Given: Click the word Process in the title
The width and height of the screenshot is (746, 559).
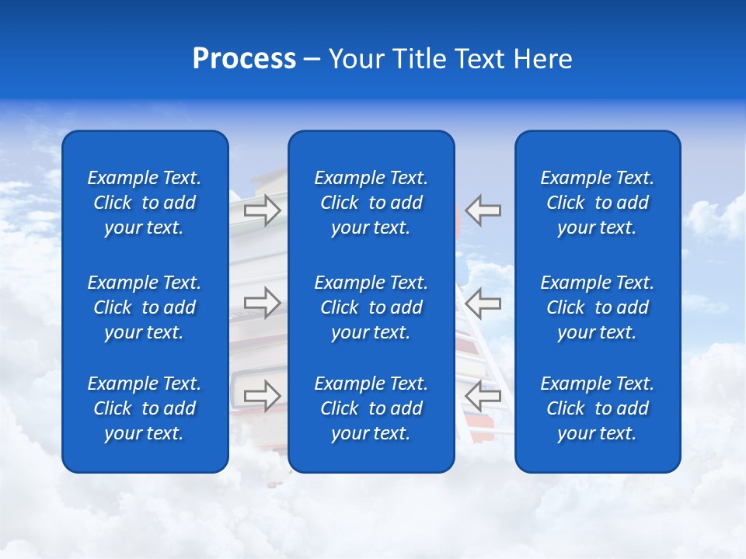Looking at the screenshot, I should [244, 59].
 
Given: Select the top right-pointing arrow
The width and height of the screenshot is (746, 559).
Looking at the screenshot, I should [262, 210].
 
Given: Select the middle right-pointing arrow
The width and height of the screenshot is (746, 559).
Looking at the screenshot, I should [262, 302].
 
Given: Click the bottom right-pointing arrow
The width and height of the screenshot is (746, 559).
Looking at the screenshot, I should [262, 395].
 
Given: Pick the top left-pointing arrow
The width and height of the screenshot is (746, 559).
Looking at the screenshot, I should [483, 210].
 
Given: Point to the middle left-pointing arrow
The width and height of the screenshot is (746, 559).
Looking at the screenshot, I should [483, 302].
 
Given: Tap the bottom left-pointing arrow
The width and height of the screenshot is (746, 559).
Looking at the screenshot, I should [483, 395].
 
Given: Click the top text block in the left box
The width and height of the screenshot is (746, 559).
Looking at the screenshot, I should [145, 203].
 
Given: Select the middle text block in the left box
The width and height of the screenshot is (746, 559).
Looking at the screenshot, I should [145, 307].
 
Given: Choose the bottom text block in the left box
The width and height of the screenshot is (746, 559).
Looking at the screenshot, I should [145, 408].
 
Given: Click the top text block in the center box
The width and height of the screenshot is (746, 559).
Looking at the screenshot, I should [371, 203].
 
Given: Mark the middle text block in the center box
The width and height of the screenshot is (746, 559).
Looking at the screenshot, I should [371, 307].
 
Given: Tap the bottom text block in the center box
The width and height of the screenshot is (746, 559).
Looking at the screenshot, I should [371, 408].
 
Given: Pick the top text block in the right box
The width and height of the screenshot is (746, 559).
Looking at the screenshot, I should [598, 203].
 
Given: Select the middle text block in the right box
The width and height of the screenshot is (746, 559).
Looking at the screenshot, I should [598, 307].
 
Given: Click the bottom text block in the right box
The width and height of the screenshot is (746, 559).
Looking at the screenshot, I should [598, 408].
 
